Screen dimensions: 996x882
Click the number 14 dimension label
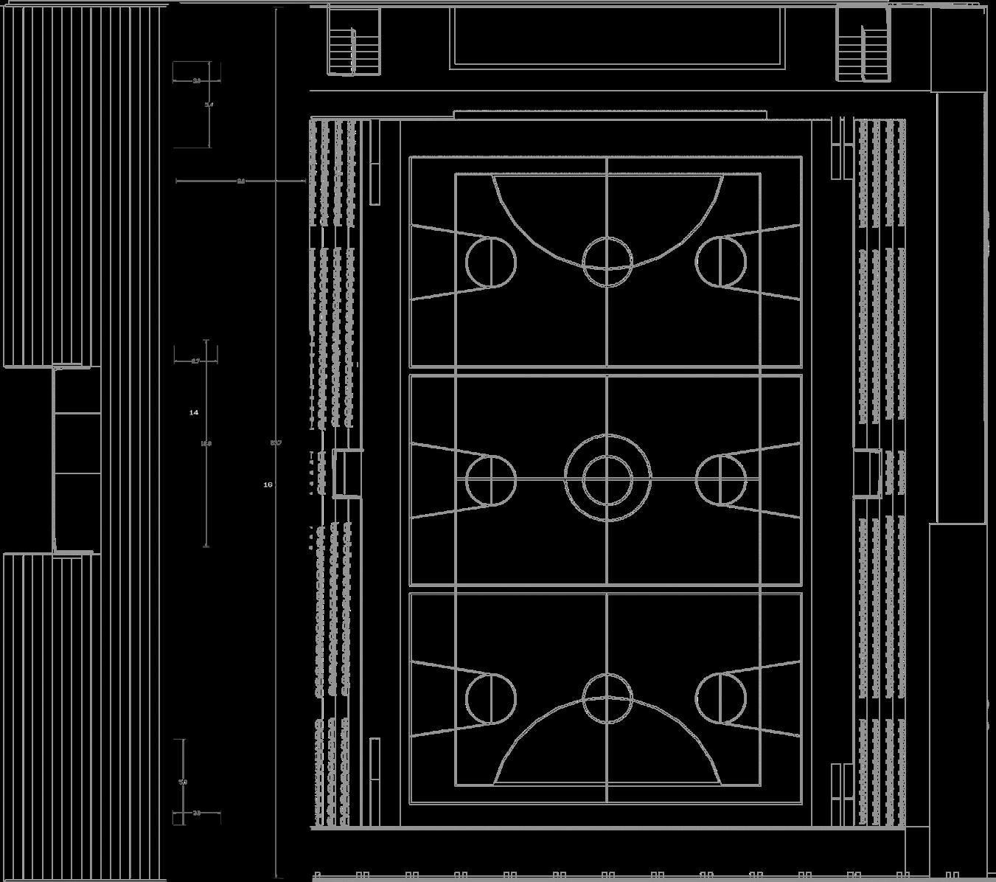pos(194,413)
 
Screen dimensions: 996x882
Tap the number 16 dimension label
pos(268,485)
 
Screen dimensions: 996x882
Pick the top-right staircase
pos(863,44)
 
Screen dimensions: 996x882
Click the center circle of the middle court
pos(607,479)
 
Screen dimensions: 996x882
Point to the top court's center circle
pos(607,262)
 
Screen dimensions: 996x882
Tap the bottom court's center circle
pos(607,698)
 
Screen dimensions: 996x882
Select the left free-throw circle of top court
pos(490,262)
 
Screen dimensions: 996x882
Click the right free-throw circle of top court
pos(721,262)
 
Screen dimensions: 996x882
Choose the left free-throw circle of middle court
pos(490,479)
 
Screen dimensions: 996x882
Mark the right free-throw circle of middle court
pos(721,479)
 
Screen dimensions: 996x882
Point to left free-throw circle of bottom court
pos(490,698)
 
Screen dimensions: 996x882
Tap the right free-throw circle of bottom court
pos(721,698)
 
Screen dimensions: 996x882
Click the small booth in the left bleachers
pos(346,473)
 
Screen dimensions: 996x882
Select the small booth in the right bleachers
pos(868,473)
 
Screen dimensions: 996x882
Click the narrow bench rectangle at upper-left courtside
pos(375,162)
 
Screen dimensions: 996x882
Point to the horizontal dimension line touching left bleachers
pos(240,181)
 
